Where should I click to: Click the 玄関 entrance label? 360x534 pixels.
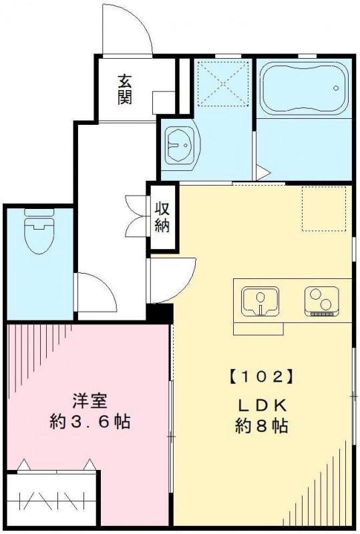[124, 89]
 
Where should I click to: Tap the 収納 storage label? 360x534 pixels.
[163, 217]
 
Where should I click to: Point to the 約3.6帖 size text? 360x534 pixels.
[89, 422]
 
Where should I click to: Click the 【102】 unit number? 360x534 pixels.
[262, 376]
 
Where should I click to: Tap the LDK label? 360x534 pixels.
[262, 405]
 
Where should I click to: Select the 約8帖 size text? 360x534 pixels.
[262, 426]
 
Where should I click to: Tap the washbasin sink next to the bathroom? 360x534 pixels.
[179, 142]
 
